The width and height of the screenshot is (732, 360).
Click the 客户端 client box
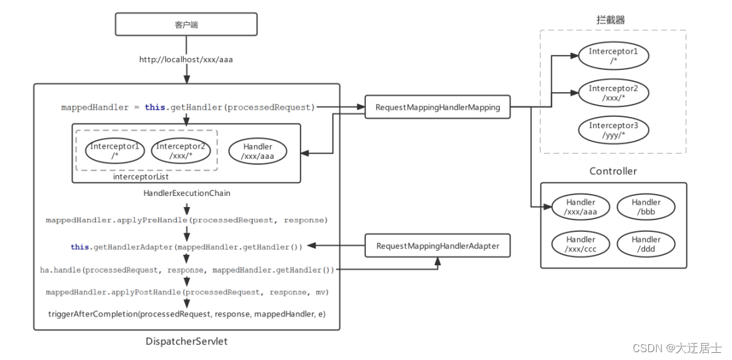coord(186,25)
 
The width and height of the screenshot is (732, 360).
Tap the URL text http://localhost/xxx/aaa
coord(186,59)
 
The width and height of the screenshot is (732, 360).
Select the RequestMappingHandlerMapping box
coord(437,107)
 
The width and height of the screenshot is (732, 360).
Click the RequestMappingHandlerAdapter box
coord(437,246)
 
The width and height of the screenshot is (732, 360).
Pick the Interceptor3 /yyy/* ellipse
coord(613,131)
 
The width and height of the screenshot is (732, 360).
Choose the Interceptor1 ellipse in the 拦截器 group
coord(613,56)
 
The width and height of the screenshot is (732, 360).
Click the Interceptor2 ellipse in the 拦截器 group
coord(613,93)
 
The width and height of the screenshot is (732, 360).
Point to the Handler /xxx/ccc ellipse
coord(581,244)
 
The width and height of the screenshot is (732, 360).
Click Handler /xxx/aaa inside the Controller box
coord(581,207)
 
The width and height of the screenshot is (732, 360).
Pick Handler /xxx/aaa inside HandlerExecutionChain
coord(258,152)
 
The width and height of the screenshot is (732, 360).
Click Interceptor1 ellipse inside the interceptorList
coord(115,152)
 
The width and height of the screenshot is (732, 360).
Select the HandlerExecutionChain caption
coord(186,193)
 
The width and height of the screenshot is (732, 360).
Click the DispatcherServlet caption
coord(186,341)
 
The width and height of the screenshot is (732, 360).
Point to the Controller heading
coord(613,171)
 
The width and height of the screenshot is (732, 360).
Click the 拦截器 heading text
coord(610,20)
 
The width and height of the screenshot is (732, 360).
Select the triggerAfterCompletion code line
coord(186,314)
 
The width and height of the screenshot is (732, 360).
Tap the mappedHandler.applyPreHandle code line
coord(186,220)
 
